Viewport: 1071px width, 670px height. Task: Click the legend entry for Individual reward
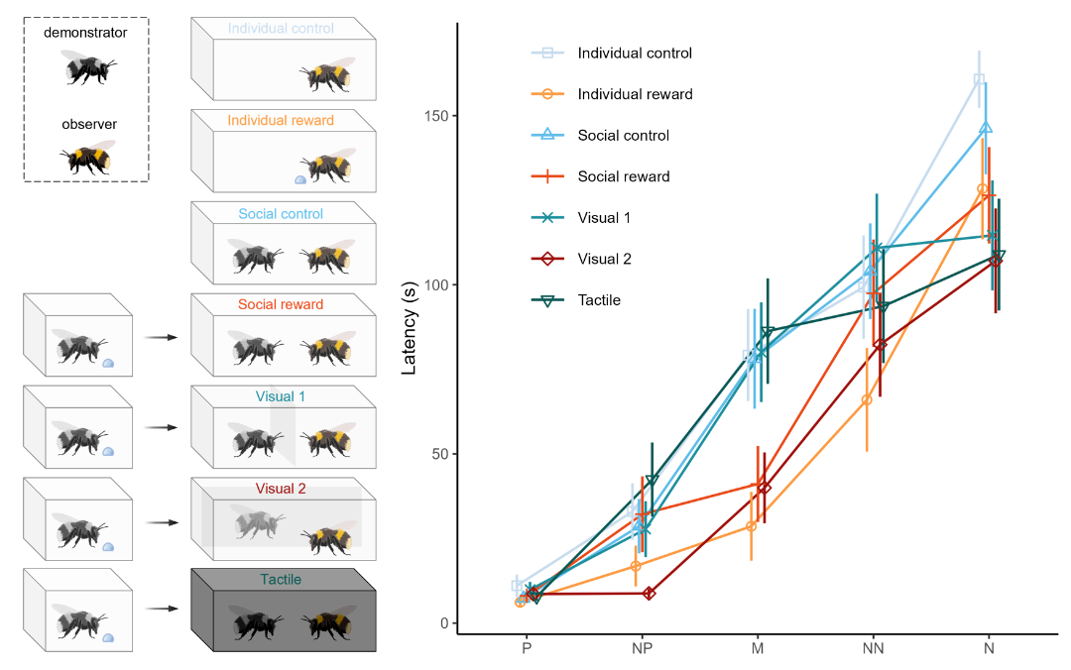635,94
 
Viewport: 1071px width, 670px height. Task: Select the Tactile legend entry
599,299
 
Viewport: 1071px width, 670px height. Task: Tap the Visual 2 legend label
603,259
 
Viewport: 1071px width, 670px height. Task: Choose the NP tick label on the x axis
642,648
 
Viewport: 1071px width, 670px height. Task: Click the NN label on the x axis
873,648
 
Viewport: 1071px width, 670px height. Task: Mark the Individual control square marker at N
980,79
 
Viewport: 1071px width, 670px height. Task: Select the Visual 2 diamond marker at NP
650,593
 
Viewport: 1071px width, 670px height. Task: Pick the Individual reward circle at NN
867,399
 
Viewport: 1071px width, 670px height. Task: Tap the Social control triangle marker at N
986,128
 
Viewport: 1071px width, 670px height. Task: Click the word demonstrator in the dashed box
86,33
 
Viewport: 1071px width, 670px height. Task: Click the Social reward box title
282,304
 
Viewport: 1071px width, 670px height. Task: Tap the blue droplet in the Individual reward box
300,180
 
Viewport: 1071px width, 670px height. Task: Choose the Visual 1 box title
281,396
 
